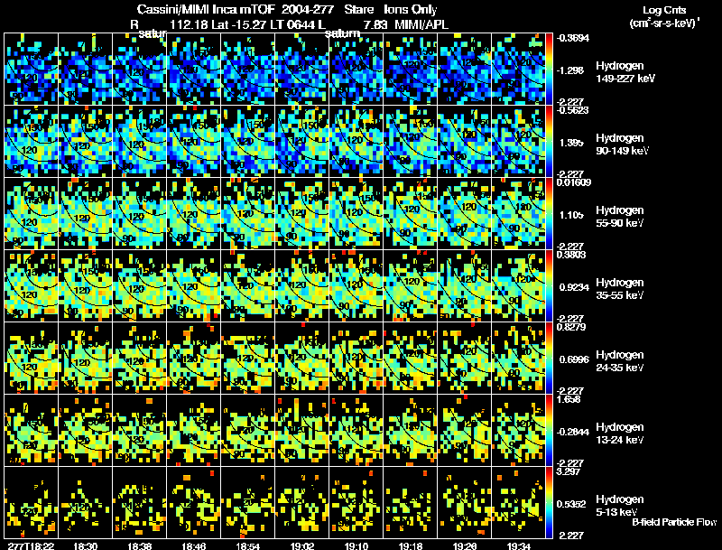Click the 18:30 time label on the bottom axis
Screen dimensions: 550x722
point(86,545)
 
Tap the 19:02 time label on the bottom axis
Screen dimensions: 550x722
point(303,545)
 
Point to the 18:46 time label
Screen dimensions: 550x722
point(194,545)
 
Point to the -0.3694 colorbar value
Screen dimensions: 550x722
point(575,38)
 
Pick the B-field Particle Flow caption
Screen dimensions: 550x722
point(674,521)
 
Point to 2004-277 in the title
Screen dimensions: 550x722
point(307,9)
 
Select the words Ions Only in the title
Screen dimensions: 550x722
point(411,9)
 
